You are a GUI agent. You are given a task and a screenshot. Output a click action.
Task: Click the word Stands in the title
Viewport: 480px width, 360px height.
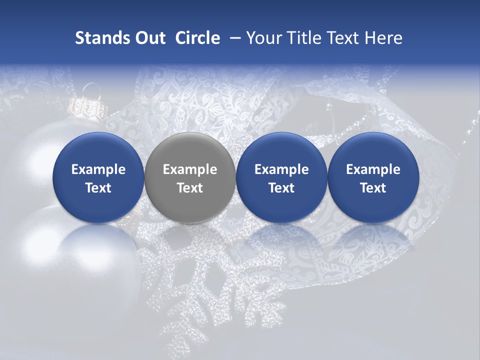pos(99,38)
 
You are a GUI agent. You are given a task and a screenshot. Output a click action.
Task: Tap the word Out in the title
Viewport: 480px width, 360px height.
pos(148,38)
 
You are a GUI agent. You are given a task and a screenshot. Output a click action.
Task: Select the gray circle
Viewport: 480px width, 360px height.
pos(190,178)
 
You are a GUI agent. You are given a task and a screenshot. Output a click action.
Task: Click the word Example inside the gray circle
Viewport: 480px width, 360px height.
pos(190,169)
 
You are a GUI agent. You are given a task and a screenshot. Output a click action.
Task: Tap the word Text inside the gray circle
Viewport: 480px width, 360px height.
pos(190,188)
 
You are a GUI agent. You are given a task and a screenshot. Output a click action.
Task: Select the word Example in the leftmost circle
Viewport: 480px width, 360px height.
pos(98,169)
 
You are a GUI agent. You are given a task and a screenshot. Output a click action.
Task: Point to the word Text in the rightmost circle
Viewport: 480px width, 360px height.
pos(373,188)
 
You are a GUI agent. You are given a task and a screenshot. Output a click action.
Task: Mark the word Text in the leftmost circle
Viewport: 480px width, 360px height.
pos(98,188)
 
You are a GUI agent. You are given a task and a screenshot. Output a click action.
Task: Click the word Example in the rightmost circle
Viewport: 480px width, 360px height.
pos(373,169)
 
